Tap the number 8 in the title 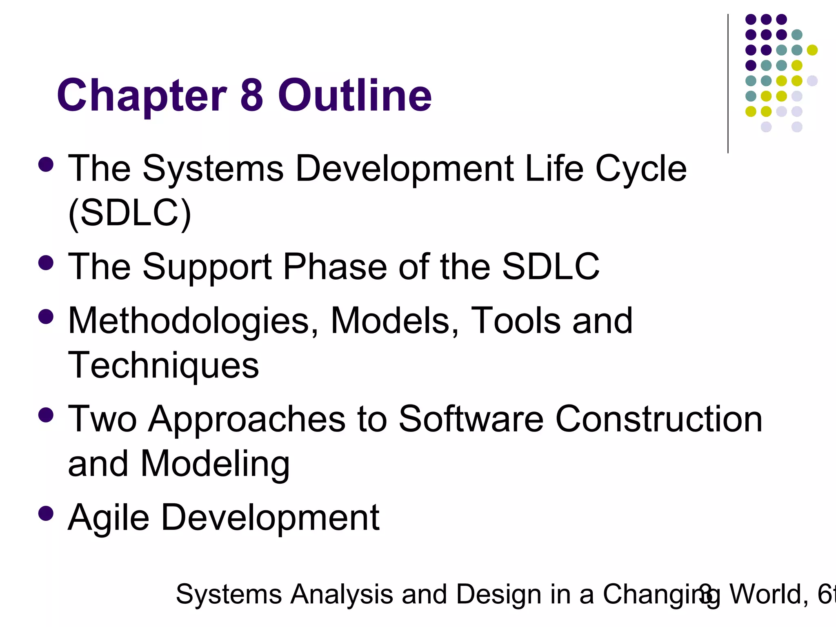(x=251, y=95)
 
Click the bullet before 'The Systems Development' (x=46, y=165)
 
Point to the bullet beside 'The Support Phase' (x=46, y=263)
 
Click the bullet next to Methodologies (x=46, y=317)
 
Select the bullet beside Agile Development (x=46, y=514)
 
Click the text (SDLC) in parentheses (x=129, y=213)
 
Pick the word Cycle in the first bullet (x=641, y=169)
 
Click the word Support (x=207, y=267)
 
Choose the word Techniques (x=163, y=365)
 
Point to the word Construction (x=659, y=419)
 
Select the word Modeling (x=215, y=464)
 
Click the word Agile (x=109, y=518)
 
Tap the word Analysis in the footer (x=341, y=594)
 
